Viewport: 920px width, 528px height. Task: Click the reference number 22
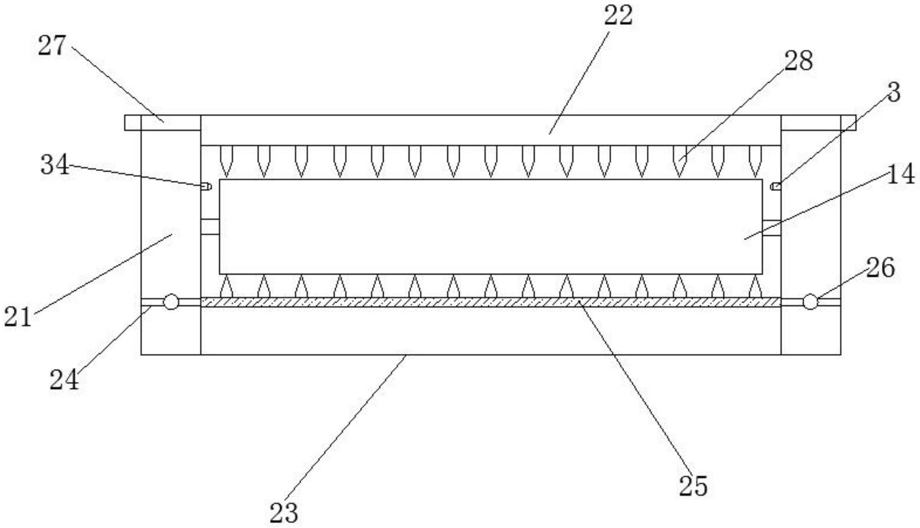coord(618,15)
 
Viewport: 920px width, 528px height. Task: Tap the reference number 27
coord(51,45)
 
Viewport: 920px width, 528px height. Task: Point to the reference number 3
coord(893,92)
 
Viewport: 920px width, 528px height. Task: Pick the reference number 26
coord(880,268)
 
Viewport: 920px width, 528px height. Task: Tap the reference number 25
coord(693,485)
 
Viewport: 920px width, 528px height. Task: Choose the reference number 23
coord(284,513)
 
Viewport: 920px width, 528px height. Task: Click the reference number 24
coord(64,380)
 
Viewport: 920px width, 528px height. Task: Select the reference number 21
coord(18,316)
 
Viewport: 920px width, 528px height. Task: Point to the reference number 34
coord(54,165)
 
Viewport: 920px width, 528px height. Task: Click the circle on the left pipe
coord(171,302)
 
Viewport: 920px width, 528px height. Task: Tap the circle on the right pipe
coord(810,302)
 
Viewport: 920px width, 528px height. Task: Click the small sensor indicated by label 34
coord(206,186)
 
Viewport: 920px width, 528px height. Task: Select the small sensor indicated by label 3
coord(776,186)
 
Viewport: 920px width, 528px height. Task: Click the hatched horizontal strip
coord(490,302)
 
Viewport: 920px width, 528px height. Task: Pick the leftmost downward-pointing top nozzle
coord(226,161)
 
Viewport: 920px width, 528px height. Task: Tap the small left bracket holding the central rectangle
coord(210,227)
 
